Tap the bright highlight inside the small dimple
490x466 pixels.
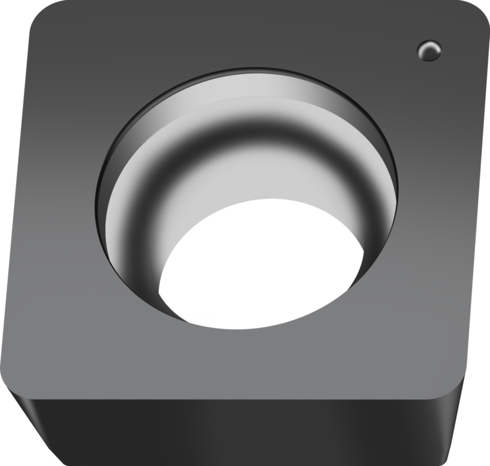(427, 47)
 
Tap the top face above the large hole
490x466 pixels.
(239, 38)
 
